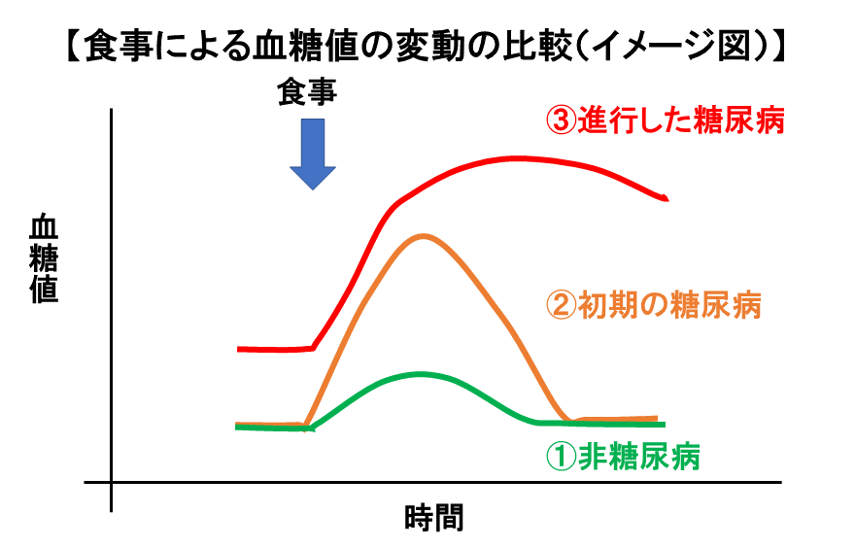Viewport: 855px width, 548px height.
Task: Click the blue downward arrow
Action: [313, 154]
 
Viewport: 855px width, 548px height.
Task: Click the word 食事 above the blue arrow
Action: [307, 91]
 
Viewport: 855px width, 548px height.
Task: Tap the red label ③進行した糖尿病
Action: [666, 120]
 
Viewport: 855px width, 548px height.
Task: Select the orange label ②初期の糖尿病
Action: [654, 305]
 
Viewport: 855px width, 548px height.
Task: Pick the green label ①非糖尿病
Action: [623, 457]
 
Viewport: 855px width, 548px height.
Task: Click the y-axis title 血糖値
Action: [44, 259]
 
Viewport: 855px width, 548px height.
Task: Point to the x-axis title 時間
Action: [434, 518]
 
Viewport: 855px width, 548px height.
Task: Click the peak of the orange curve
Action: [424, 236]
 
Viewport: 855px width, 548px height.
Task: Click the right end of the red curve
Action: [667, 198]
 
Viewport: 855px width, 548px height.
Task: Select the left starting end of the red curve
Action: [238, 349]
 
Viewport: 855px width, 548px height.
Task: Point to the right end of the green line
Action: [665, 425]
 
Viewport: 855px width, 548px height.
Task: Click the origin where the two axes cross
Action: [111, 482]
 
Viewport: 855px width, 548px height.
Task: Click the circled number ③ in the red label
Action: [562, 120]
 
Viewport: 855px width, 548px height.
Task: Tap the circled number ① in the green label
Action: [562, 457]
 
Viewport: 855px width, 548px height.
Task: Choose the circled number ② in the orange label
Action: [562, 305]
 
